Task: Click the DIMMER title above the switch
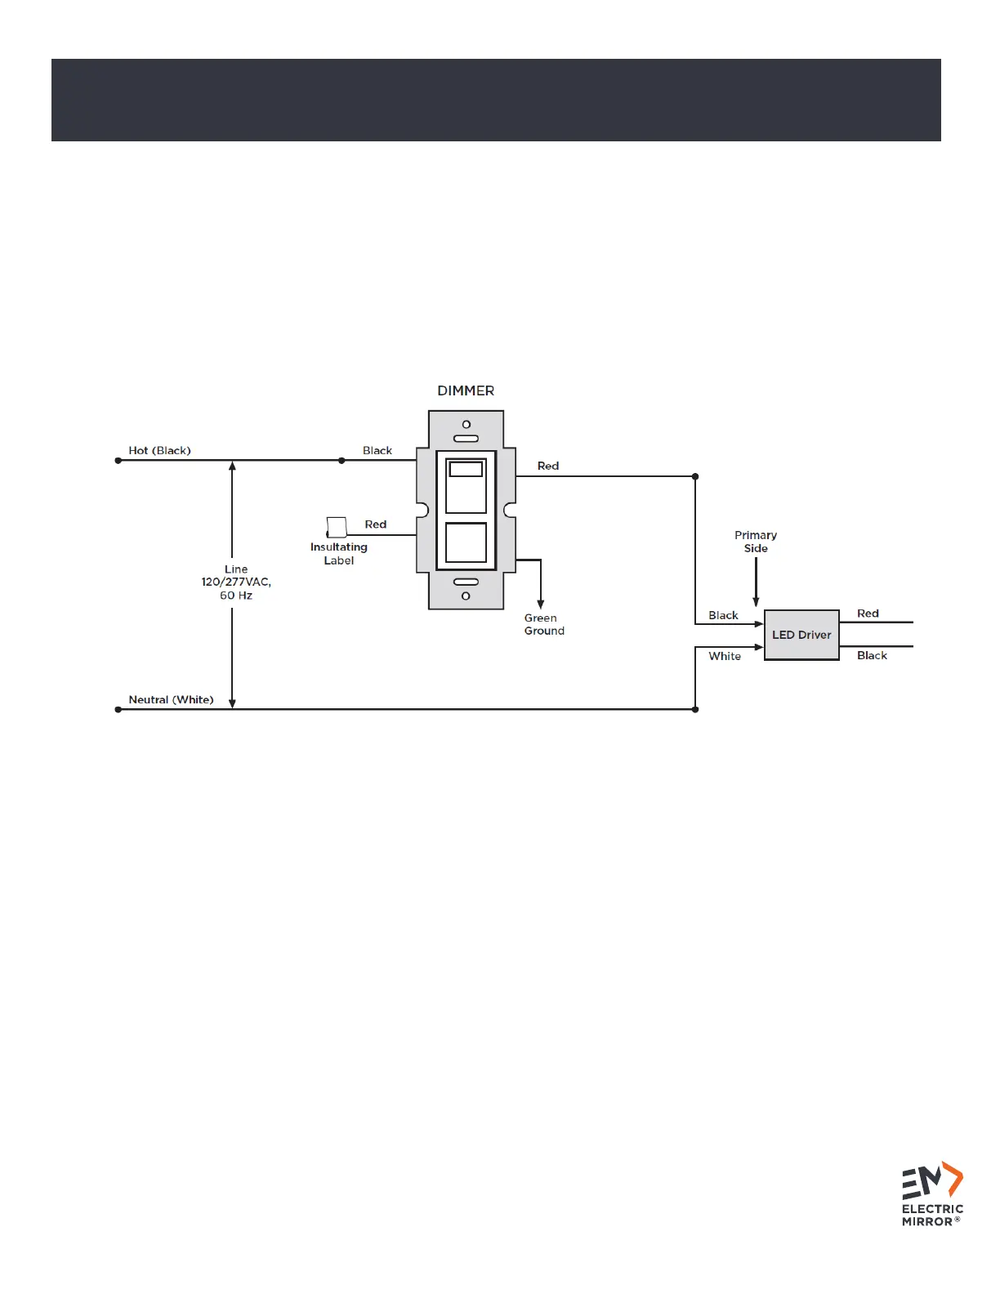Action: (x=466, y=390)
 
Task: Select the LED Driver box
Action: (x=801, y=635)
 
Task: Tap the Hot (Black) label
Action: (x=159, y=450)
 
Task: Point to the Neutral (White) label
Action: (x=171, y=699)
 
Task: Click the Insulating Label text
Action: (x=339, y=554)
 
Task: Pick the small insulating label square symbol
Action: (x=337, y=527)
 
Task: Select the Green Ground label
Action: (x=544, y=624)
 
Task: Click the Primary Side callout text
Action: (x=756, y=542)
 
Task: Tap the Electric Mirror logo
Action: (x=932, y=1194)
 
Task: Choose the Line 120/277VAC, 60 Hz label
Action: (x=236, y=582)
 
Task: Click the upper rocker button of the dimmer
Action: (x=466, y=485)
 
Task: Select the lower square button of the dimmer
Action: (x=466, y=542)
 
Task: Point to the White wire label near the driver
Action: (x=725, y=656)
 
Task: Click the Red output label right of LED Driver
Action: (x=868, y=614)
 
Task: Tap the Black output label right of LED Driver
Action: (x=872, y=655)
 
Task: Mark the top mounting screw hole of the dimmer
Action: (x=467, y=425)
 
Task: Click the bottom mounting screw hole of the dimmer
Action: (x=466, y=596)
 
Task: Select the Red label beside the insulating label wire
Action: (x=376, y=524)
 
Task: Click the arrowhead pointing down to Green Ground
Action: (x=540, y=605)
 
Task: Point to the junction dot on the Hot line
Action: (x=342, y=461)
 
